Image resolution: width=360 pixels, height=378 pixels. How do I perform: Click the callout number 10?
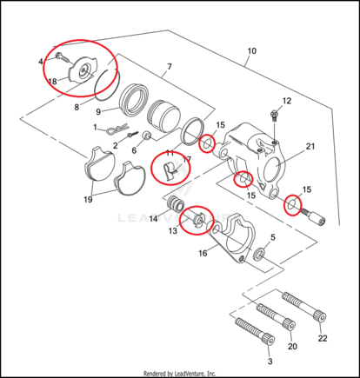[x=252, y=51]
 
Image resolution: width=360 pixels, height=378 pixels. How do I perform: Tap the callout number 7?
[x=170, y=67]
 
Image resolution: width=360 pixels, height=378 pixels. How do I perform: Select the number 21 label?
[x=310, y=147]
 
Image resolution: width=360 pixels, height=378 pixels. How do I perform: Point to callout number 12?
[x=287, y=101]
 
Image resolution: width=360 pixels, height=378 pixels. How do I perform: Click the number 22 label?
[x=323, y=338]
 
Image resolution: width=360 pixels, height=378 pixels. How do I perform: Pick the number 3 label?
[x=270, y=361]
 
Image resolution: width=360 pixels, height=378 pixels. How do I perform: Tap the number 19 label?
[x=88, y=199]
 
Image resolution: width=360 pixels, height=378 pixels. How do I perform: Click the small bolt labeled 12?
[x=273, y=115]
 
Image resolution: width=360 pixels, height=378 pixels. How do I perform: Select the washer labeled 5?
[x=258, y=254]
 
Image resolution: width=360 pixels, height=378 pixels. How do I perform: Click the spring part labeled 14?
[x=176, y=203]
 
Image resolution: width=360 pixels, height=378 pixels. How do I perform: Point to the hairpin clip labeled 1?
[x=117, y=129]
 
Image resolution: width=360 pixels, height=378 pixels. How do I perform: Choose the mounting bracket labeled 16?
[x=230, y=239]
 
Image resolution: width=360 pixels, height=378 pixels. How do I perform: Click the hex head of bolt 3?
[x=269, y=340]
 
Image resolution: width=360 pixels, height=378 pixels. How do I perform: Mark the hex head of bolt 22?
[x=320, y=315]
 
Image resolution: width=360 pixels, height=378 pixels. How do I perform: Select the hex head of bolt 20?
[x=290, y=324]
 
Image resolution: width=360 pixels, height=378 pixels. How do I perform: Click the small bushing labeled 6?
[x=147, y=136]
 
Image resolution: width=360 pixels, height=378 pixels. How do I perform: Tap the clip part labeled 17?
[x=169, y=170]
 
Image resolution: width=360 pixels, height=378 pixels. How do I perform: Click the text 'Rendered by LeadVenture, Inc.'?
[x=180, y=373]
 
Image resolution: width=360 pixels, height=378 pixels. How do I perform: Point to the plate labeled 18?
[x=83, y=70]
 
